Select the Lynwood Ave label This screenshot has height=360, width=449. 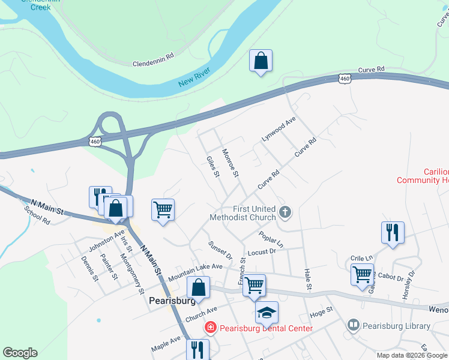(x=279, y=129)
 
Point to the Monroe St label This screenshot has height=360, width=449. (x=231, y=163)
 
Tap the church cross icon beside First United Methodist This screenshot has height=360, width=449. (x=285, y=212)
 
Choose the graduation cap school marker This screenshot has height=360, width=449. (x=267, y=312)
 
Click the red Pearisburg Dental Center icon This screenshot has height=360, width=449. (x=210, y=328)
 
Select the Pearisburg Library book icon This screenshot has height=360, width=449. (x=354, y=326)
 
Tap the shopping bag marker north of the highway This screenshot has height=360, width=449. (x=261, y=61)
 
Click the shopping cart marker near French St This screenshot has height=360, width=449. (x=255, y=285)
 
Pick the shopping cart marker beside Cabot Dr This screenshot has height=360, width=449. (x=362, y=275)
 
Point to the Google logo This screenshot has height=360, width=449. (x=20, y=353)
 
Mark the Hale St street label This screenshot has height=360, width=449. (x=309, y=280)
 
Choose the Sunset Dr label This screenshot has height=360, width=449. (x=219, y=250)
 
